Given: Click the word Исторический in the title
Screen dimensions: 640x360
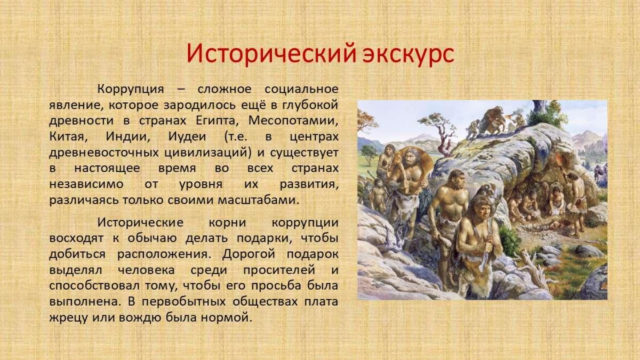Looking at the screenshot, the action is click(271, 54).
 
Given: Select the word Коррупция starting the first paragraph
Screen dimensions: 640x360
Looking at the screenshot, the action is click(131, 89).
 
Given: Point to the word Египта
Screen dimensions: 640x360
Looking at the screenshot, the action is click(217, 121).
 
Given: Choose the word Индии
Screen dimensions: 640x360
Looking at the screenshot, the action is click(127, 137).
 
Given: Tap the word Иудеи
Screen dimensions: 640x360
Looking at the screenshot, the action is click(187, 137).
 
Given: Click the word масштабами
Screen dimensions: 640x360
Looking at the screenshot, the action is click(259, 199).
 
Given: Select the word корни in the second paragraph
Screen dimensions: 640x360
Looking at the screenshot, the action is click(227, 222).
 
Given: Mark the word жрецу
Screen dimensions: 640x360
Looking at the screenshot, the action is click(69, 318).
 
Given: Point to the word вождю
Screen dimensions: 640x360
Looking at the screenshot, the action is click(140, 318).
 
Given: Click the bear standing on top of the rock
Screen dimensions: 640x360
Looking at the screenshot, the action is click(492, 120).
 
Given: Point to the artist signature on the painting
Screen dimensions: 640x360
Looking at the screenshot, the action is click(378, 283).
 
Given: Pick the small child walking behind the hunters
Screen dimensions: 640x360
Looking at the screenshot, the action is click(378, 195).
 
